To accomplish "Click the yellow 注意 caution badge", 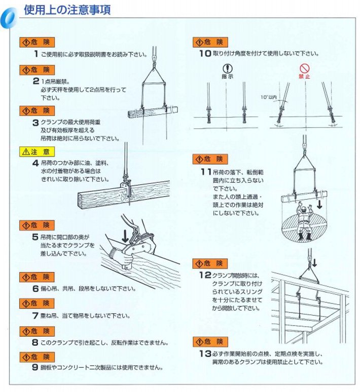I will [x=37, y=151].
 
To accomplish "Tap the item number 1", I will [x=35, y=54].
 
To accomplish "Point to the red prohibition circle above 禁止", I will [x=304, y=68].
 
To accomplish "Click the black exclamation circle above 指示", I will [x=227, y=68].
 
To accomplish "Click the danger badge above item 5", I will [x=37, y=225].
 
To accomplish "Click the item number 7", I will [x=35, y=316].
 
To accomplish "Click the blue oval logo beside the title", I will [x=9, y=15].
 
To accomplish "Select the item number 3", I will [x=35, y=122].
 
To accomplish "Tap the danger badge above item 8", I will [x=37, y=331].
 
